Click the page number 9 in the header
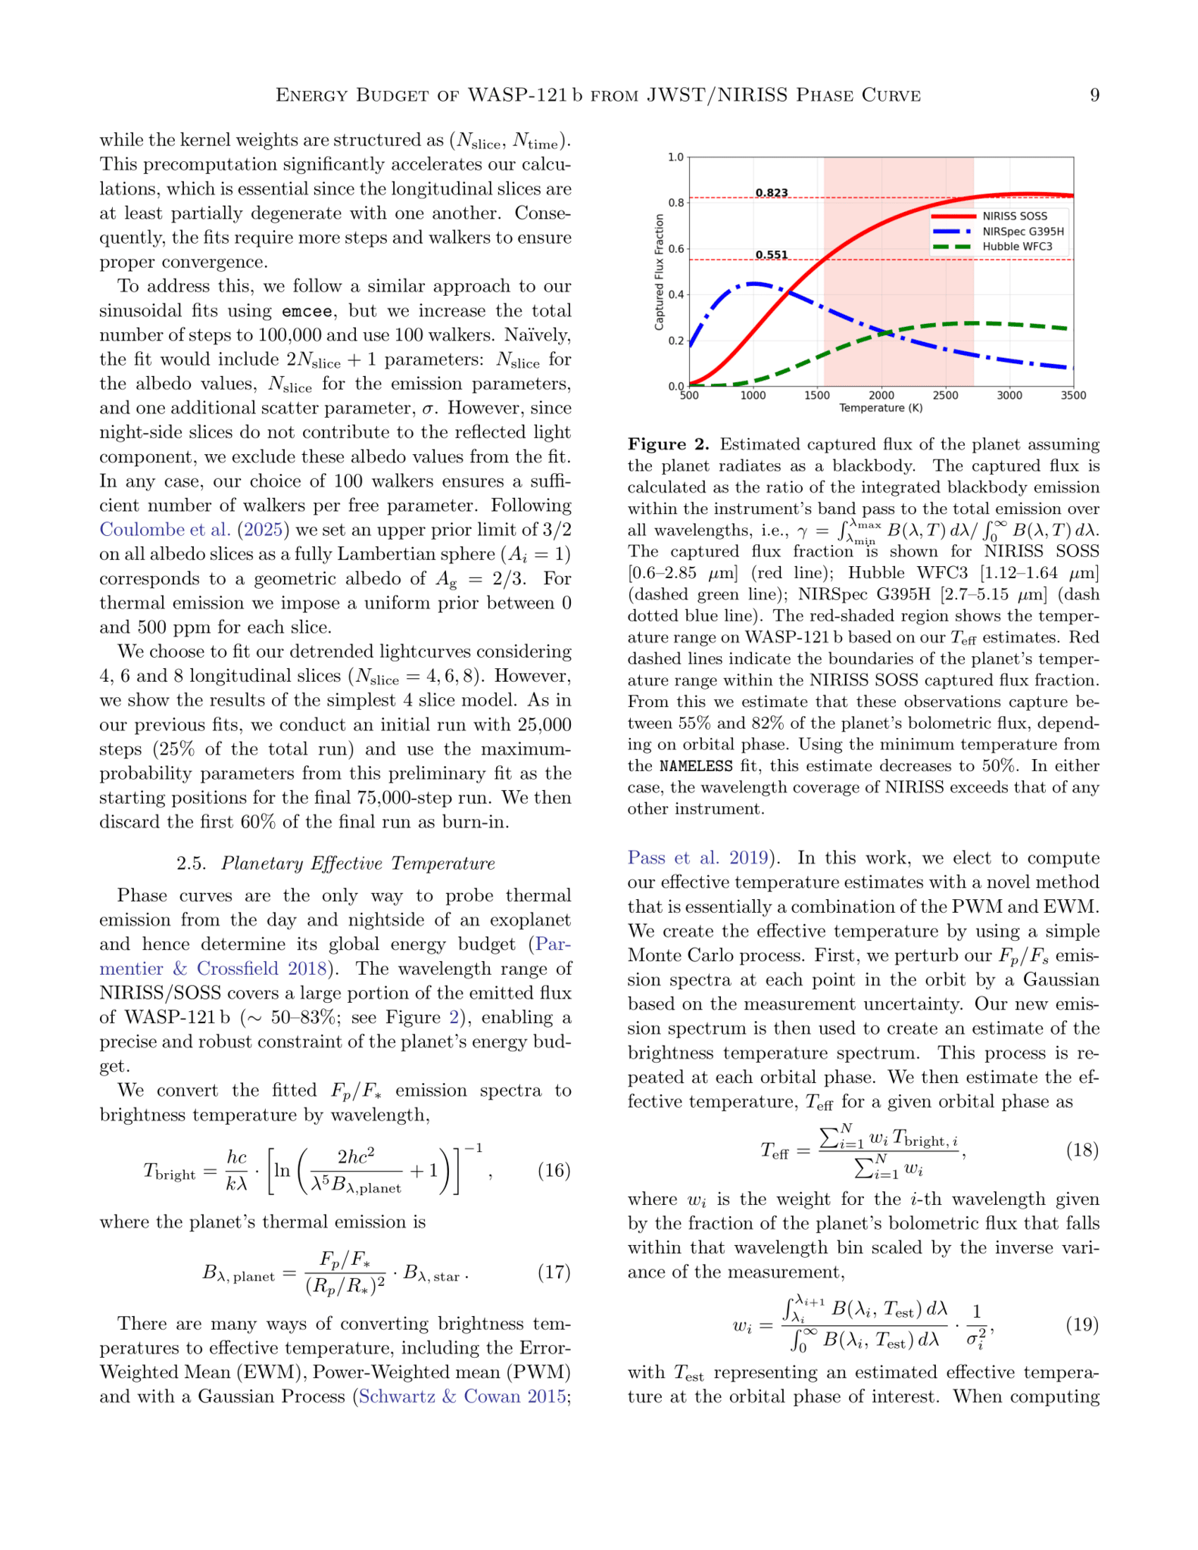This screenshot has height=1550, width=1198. click(x=1093, y=95)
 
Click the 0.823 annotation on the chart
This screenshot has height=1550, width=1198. click(x=771, y=193)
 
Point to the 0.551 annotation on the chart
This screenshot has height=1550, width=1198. click(x=771, y=255)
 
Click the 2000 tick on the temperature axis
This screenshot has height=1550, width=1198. click(x=881, y=396)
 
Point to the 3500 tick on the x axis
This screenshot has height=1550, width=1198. click(x=1072, y=396)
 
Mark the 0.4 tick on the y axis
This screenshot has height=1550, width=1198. click(x=675, y=294)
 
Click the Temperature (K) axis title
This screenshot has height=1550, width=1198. click(x=881, y=409)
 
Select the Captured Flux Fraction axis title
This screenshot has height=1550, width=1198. click(x=659, y=272)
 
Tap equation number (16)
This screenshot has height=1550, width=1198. click(x=554, y=1171)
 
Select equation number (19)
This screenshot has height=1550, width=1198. click(x=1082, y=1324)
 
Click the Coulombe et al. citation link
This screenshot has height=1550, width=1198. click(x=164, y=529)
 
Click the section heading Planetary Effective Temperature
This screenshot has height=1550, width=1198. click(x=357, y=864)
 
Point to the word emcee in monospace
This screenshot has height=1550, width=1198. click(x=307, y=311)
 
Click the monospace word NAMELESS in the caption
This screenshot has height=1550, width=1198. click(x=695, y=766)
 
